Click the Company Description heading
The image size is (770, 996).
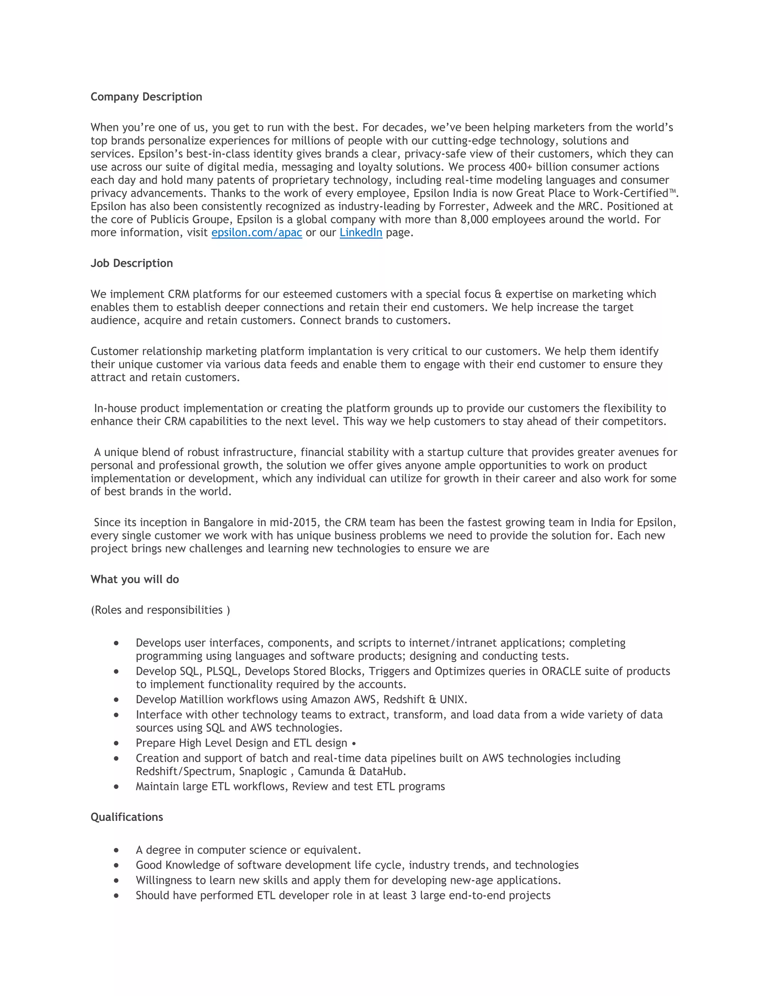click(x=146, y=97)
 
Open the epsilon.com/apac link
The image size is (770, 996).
click(x=256, y=233)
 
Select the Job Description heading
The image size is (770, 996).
click(x=131, y=263)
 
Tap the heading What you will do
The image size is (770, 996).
click(x=135, y=579)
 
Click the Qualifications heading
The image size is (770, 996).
click(x=126, y=817)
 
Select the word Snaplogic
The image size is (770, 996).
click(x=263, y=771)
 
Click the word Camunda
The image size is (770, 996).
click(x=321, y=771)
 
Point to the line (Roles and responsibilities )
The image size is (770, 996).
click(x=160, y=610)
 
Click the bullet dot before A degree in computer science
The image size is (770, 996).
click(x=116, y=850)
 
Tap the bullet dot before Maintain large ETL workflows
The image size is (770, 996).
click(x=116, y=787)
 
